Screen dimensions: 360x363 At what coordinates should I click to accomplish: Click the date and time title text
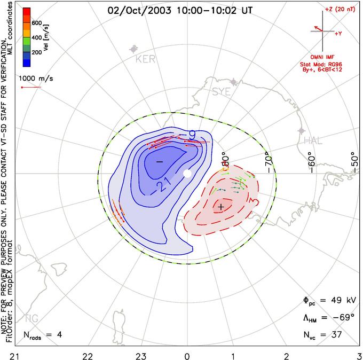(181, 10)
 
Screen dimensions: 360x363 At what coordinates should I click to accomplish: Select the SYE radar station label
(222, 92)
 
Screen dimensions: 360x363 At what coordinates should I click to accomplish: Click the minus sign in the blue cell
(159, 161)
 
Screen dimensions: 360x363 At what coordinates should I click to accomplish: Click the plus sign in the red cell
(221, 206)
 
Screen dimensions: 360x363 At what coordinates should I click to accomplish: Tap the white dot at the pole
(187, 174)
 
